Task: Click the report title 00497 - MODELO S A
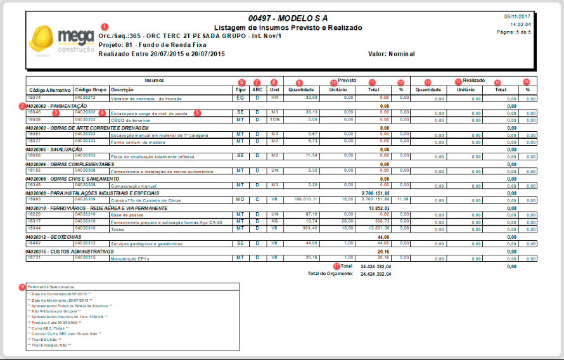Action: click(x=288, y=18)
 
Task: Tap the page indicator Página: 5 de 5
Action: click(x=514, y=31)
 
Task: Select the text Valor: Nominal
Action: click(x=391, y=54)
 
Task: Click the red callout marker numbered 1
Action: click(x=104, y=27)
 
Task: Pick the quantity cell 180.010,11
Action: click(x=303, y=199)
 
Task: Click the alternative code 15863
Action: click(x=34, y=199)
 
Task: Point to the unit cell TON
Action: click(x=274, y=119)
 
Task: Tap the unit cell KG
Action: click(x=274, y=221)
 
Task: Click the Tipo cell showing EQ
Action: click(x=240, y=99)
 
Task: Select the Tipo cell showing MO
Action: click(x=240, y=199)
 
